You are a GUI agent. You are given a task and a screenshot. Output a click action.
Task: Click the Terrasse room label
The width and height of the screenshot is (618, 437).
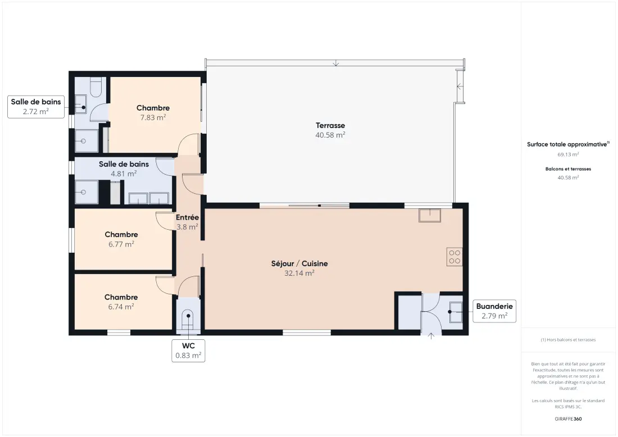[330, 125]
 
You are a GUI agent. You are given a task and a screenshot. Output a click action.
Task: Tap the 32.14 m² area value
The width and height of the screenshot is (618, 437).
[299, 273]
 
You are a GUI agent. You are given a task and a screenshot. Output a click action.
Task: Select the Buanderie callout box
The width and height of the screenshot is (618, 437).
[494, 311]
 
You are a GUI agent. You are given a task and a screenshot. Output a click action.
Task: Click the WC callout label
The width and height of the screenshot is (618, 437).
[188, 350]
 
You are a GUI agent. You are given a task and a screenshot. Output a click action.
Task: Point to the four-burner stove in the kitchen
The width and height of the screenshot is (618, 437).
[455, 257]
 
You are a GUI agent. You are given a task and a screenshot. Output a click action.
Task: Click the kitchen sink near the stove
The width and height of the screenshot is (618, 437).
[430, 215]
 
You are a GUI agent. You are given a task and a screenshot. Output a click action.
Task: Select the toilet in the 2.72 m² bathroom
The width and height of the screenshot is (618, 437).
[96, 87]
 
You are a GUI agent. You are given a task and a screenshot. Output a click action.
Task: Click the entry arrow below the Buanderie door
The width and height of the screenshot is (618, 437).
[431, 336]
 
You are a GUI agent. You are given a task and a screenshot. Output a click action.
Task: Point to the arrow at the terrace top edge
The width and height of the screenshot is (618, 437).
[336, 63]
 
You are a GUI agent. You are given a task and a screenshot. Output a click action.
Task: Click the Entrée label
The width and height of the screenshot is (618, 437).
[187, 217]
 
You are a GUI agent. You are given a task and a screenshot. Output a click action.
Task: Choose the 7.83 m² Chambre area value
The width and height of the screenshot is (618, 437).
[153, 117]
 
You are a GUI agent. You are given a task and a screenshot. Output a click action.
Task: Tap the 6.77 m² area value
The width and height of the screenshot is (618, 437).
[121, 244]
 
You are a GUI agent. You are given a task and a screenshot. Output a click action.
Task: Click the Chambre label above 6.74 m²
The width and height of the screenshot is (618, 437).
[121, 297]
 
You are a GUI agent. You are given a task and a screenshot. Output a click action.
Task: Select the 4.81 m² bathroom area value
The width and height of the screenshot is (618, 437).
[124, 174]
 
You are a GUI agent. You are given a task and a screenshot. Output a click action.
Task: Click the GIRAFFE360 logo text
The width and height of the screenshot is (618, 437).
[568, 419]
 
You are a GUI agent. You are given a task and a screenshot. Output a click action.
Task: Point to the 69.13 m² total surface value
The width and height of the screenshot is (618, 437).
[568, 154]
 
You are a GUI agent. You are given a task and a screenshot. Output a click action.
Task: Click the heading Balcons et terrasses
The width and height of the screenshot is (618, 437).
[568, 169]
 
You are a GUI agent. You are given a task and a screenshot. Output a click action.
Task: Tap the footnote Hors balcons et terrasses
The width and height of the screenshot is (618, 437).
[568, 340]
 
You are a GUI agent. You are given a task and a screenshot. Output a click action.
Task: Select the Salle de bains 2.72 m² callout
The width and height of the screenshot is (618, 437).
[36, 106]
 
